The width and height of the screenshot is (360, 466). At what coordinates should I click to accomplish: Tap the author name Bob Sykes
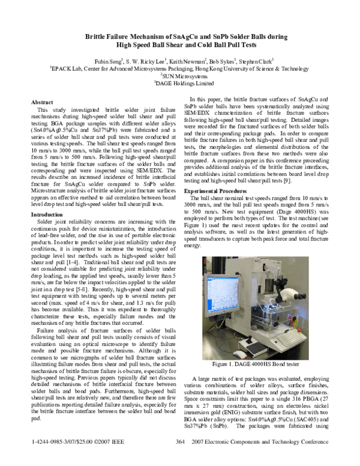pos(222,61)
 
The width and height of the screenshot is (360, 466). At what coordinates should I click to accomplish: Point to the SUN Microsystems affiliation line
pos(180,77)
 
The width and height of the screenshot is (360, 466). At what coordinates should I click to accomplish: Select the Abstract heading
pos(42,103)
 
